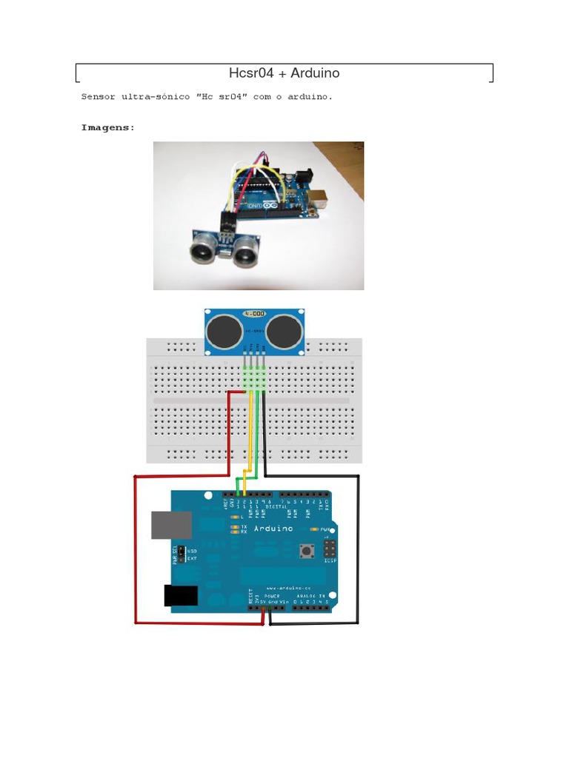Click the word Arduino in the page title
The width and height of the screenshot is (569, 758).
(x=315, y=73)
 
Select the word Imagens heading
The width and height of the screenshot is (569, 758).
(x=107, y=127)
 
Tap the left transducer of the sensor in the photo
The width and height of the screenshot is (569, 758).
(x=202, y=250)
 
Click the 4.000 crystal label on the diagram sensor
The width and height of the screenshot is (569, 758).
(x=256, y=314)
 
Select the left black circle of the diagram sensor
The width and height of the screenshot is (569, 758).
(x=224, y=333)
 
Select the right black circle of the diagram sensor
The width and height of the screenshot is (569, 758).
(x=285, y=333)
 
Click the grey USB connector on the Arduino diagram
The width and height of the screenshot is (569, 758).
(x=172, y=524)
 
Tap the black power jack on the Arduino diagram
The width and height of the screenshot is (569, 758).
(x=180, y=596)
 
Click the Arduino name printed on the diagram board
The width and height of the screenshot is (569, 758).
(x=273, y=529)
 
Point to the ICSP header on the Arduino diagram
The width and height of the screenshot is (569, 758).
(x=327, y=550)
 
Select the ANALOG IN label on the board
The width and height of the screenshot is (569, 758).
(x=310, y=595)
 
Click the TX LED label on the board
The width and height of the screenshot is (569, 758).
(x=244, y=526)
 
